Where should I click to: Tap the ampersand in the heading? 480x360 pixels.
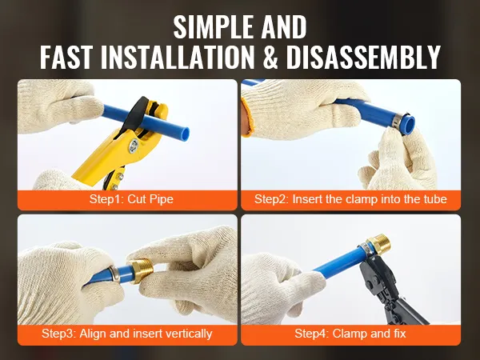point(270,58)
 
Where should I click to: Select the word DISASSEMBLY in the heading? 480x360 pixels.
point(363,58)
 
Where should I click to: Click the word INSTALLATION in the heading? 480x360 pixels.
point(178,58)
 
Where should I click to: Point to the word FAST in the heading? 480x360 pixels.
point(66,58)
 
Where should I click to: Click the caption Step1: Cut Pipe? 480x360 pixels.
point(131,199)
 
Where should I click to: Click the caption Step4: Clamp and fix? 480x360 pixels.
point(350,334)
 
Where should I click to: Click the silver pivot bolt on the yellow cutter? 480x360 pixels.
point(134,145)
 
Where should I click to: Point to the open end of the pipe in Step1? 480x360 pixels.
point(185,134)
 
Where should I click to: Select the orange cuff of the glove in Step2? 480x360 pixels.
point(247,118)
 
